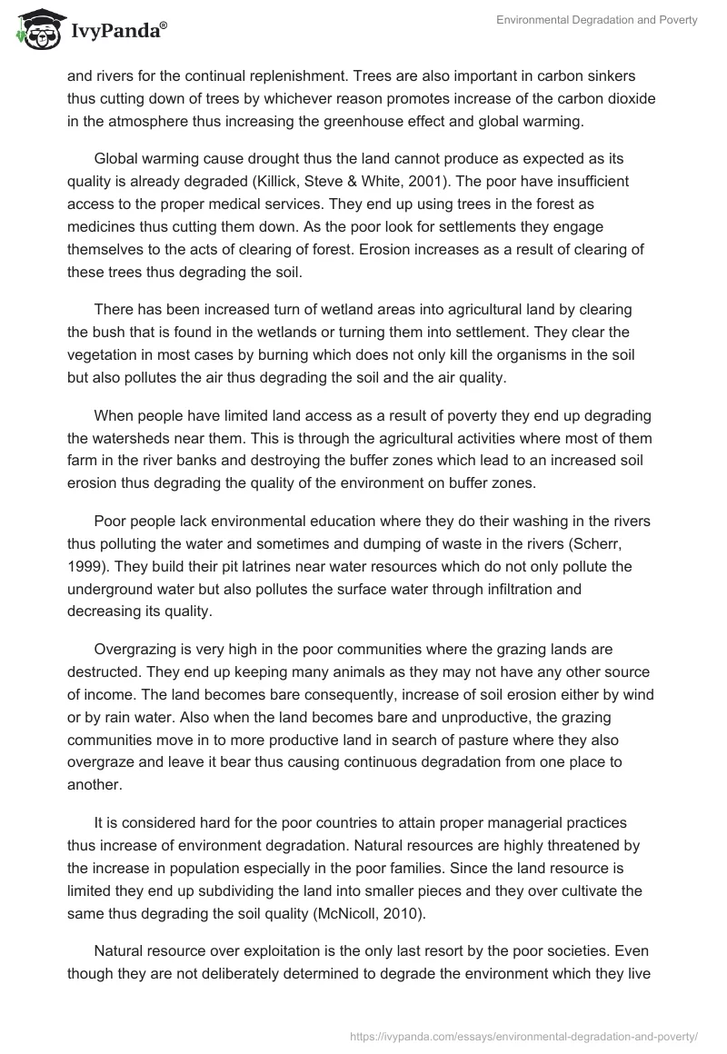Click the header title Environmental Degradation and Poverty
tap(597, 20)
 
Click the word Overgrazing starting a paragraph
tap(138, 650)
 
